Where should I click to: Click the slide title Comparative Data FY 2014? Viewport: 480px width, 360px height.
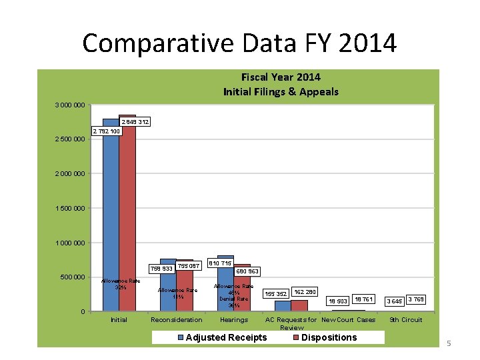239,43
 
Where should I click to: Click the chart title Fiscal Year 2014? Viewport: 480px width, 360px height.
281,77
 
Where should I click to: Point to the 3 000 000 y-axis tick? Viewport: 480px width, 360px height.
69,105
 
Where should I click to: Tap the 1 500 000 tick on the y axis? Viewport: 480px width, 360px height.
69,208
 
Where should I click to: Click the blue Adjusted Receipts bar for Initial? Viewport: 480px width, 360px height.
111,213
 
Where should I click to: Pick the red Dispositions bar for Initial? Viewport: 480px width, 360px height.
127,213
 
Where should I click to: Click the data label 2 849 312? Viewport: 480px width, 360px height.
135,122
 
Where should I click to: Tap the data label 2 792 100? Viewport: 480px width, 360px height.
106,131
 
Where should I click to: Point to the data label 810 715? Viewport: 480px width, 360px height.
220,264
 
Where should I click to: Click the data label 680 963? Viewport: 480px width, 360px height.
247,271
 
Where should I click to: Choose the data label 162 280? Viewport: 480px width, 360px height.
305,291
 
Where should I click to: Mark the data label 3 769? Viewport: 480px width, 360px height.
415,299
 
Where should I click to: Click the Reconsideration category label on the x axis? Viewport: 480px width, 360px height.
177,320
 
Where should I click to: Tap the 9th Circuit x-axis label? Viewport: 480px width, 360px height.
406,320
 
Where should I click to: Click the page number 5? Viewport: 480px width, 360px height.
449,343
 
